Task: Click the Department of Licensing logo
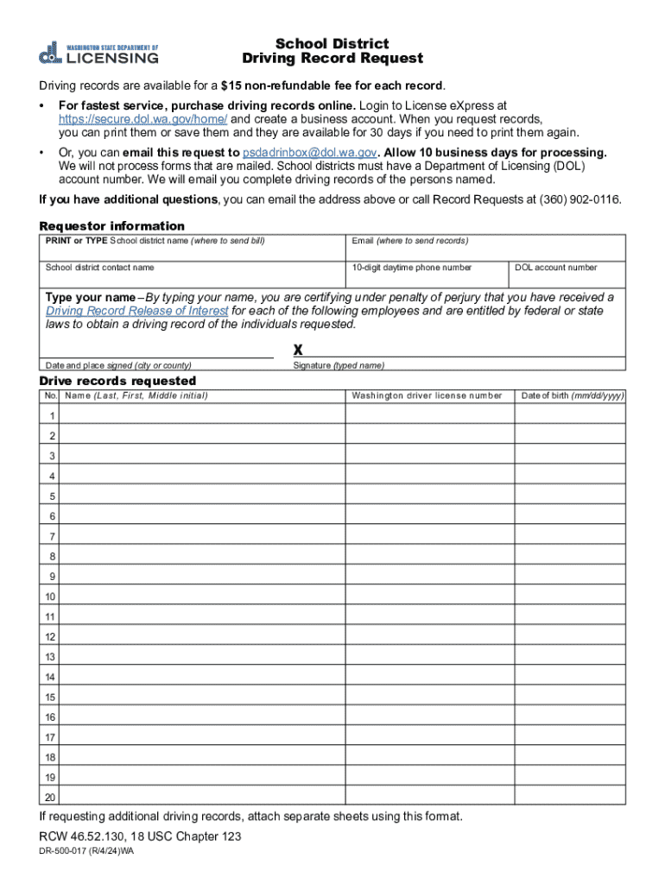click(98, 53)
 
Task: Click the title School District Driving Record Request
click(332, 51)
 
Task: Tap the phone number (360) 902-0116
click(579, 199)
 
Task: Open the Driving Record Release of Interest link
click(137, 311)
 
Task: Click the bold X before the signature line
click(298, 350)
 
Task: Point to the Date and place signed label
click(118, 365)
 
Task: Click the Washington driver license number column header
click(427, 395)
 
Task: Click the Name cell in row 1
click(203, 415)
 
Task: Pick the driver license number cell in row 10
click(429, 597)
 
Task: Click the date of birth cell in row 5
click(570, 496)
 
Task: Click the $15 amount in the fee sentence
click(230, 85)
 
